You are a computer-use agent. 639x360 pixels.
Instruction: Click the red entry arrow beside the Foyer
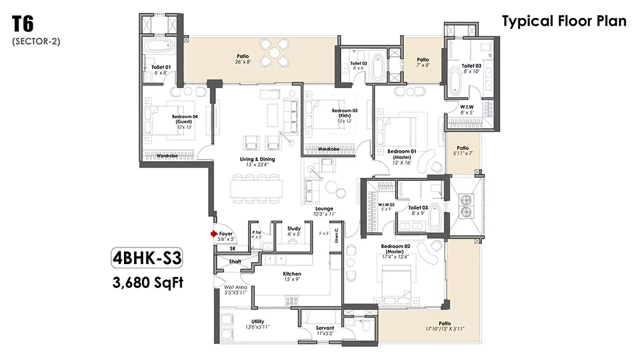(213, 234)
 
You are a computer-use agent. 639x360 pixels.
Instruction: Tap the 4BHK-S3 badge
(147, 258)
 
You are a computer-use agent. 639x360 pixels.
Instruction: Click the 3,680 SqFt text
(147, 281)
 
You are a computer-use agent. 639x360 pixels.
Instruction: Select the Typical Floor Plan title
(564, 21)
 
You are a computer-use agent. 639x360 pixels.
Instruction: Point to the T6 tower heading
(23, 26)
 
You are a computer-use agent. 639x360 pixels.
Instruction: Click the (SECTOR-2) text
(35, 42)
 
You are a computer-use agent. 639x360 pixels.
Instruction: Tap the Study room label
(294, 228)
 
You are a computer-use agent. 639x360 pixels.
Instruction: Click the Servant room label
(325, 328)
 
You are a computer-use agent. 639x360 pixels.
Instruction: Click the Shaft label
(235, 261)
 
